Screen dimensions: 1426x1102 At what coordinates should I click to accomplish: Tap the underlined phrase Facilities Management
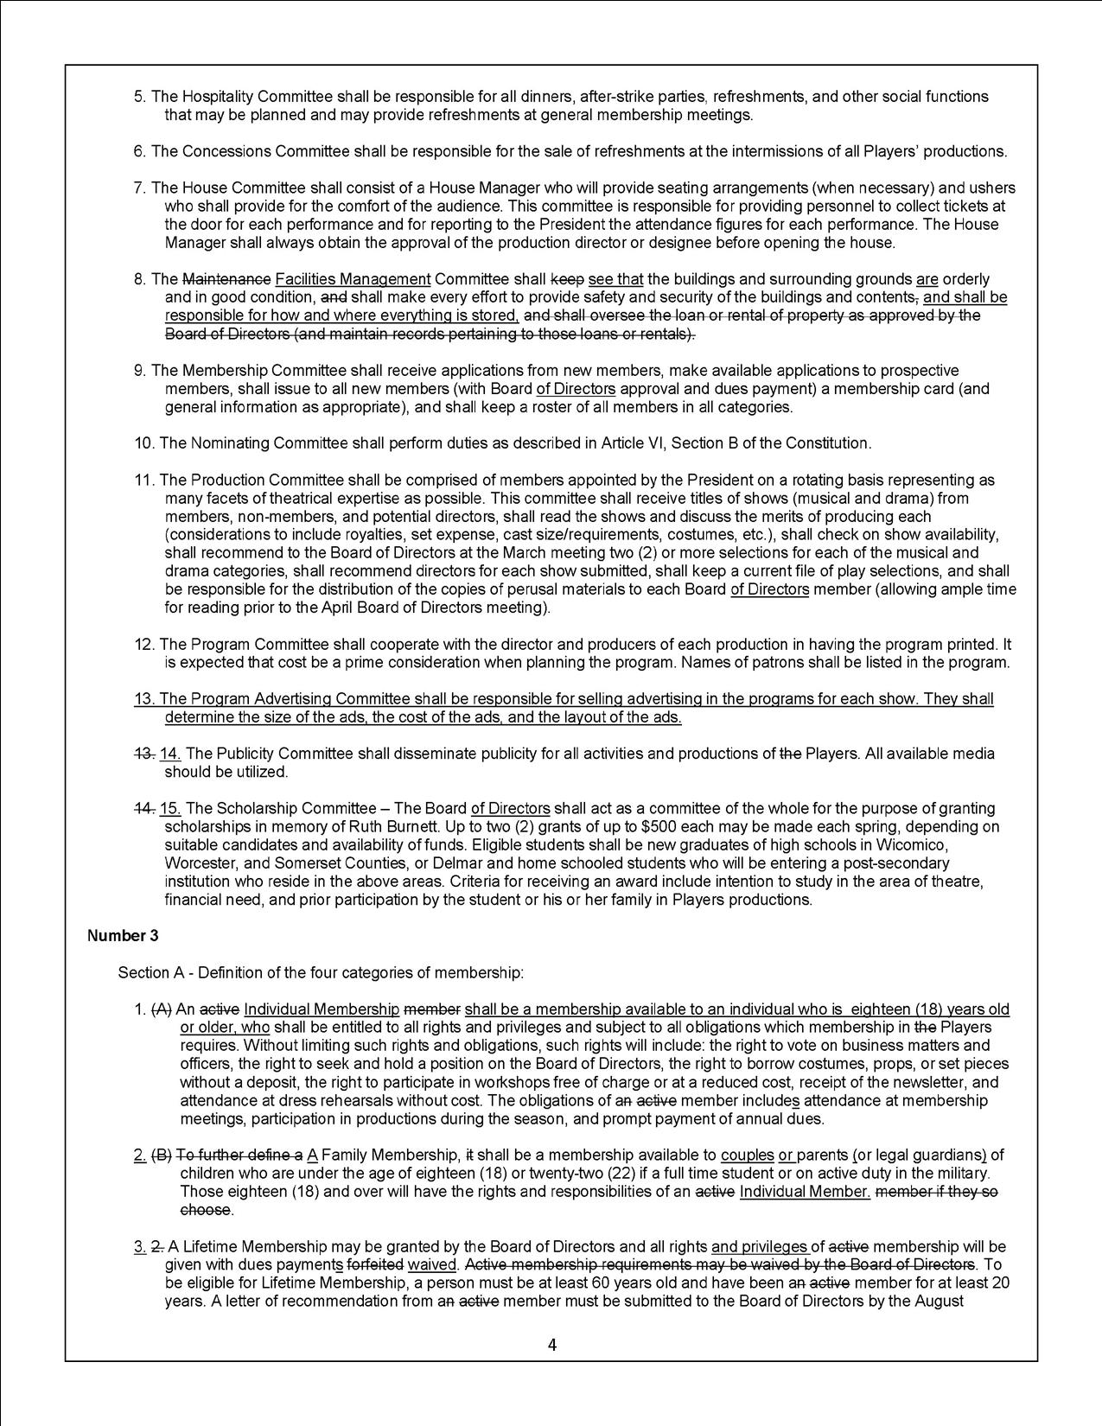(x=353, y=279)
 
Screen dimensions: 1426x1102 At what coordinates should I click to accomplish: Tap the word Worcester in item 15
(x=196, y=863)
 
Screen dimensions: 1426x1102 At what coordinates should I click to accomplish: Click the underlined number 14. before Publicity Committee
(x=170, y=754)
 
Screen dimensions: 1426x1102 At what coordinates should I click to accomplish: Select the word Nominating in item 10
(x=227, y=443)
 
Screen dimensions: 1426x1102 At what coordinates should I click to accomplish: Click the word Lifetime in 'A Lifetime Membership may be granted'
(x=206, y=1247)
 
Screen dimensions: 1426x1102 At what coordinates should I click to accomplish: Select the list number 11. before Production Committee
(x=145, y=480)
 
